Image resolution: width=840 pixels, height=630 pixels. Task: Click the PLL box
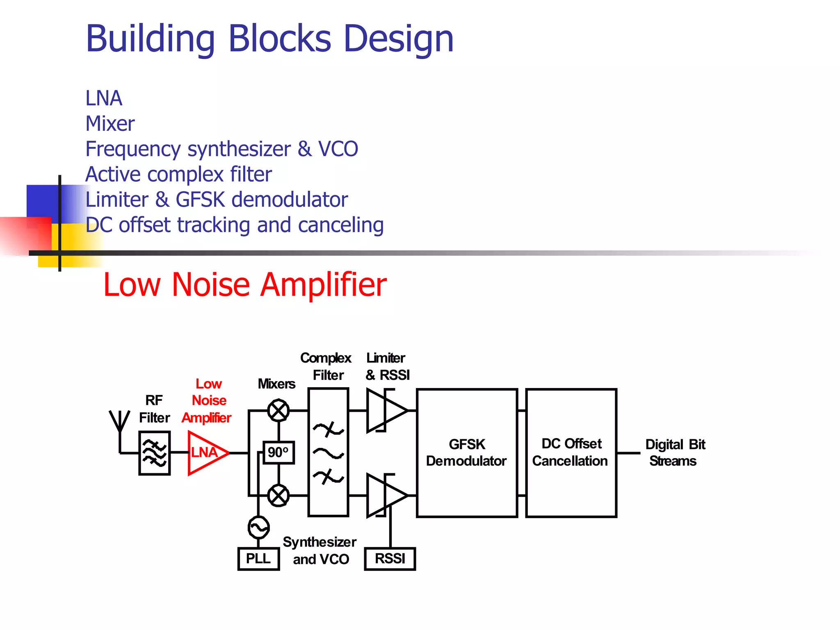(258, 559)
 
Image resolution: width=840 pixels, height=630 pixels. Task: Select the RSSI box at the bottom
(390, 559)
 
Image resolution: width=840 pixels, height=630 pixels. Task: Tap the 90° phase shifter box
(278, 452)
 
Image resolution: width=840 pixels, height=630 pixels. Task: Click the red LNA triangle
(206, 453)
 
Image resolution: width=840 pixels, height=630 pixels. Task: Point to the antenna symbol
(119, 422)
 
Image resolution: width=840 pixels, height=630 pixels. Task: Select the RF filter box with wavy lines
(154, 453)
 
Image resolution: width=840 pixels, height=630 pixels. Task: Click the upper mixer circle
(278, 410)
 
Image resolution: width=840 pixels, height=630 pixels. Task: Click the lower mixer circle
(278, 495)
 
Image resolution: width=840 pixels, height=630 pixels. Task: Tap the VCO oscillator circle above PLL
(258, 527)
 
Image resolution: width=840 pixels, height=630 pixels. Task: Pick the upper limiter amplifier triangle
(386, 410)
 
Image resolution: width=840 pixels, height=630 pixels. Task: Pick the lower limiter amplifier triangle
(386, 495)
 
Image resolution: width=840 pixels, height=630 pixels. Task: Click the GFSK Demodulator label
(466, 452)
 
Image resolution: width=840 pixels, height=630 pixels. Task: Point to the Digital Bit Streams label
(675, 452)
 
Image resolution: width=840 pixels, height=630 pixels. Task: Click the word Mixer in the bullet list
(110, 123)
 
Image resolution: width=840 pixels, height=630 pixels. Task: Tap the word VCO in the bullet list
(338, 148)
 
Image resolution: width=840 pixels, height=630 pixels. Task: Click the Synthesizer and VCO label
(320, 550)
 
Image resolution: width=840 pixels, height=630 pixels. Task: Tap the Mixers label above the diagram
(276, 383)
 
